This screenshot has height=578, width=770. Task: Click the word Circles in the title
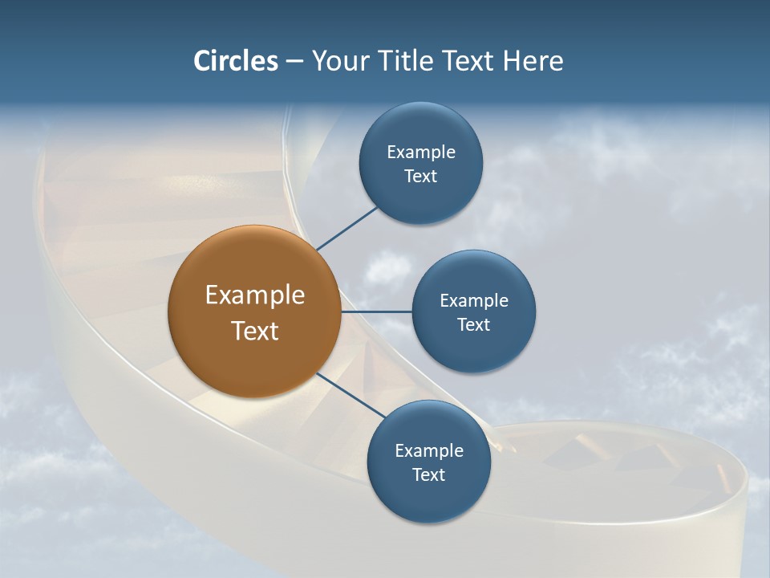coord(235,61)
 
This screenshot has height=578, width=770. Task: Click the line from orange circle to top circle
coord(347,228)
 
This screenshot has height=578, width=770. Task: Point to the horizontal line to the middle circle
coord(376,311)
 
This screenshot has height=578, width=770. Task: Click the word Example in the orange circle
coord(255,295)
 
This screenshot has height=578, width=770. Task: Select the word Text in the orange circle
coord(255,331)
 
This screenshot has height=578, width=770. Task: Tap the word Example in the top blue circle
coord(421,152)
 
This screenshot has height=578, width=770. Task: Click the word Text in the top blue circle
coord(421,176)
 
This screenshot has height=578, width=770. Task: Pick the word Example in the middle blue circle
coord(474,300)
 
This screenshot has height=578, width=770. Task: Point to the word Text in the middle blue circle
coord(474,324)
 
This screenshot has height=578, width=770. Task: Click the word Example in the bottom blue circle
coord(429,450)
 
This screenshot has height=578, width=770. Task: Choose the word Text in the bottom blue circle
coord(429,474)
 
